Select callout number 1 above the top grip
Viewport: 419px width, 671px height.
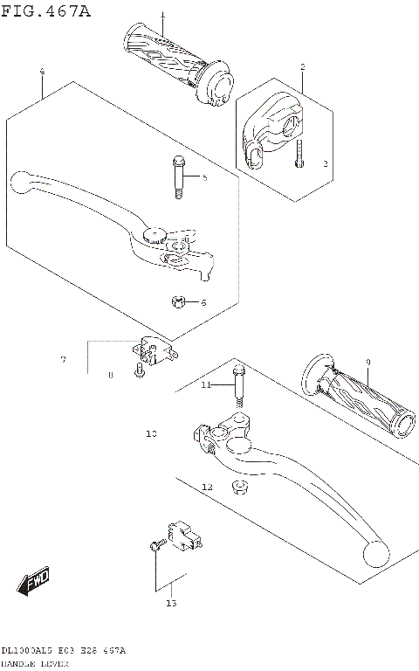coord(161,16)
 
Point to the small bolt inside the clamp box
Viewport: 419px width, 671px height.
coord(299,154)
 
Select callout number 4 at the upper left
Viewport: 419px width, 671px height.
coord(42,71)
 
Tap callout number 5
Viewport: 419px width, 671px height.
coord(204,178)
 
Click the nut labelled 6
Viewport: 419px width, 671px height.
coord(177,302)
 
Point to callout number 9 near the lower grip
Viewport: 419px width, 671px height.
coord(368,361)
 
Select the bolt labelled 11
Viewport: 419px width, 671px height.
coord(236,391)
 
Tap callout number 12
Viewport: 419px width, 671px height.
coord(207,486)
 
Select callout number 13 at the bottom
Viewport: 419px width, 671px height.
coord(171,603)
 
